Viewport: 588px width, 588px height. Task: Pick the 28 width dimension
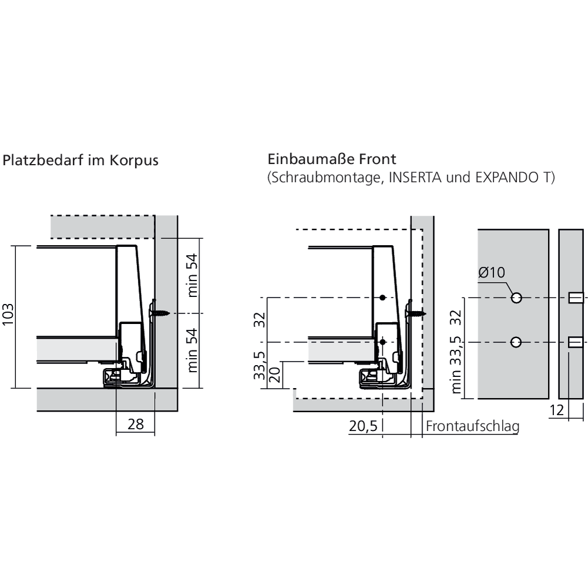[135, 424]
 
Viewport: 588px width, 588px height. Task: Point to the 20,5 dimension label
[362, 427]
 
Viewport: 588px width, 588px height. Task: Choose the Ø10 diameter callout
[492, 272]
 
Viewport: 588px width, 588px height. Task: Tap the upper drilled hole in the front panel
[516, 298]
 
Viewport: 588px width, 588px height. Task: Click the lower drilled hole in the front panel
[516, 342]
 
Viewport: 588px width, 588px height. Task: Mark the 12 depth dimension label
[557, 410]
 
